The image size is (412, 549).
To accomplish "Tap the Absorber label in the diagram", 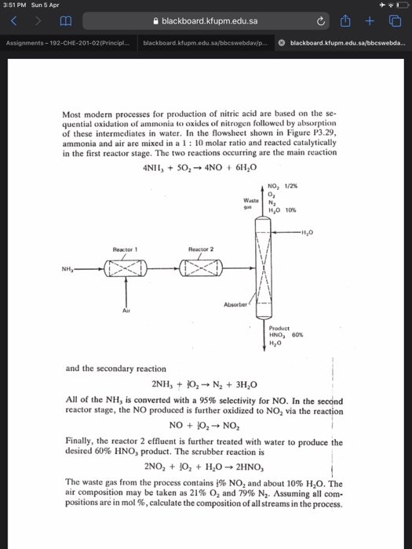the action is pos(235,304).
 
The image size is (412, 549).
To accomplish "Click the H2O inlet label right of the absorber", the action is pos(315,231).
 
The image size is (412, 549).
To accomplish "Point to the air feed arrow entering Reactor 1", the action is pos(123,294).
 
